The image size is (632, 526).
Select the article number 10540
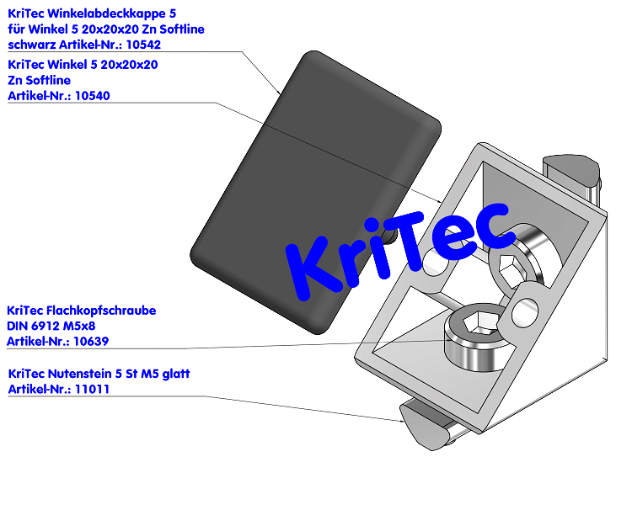92,96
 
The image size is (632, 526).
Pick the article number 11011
93,389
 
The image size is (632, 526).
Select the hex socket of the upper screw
511,270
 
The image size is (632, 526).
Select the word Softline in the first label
179,29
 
